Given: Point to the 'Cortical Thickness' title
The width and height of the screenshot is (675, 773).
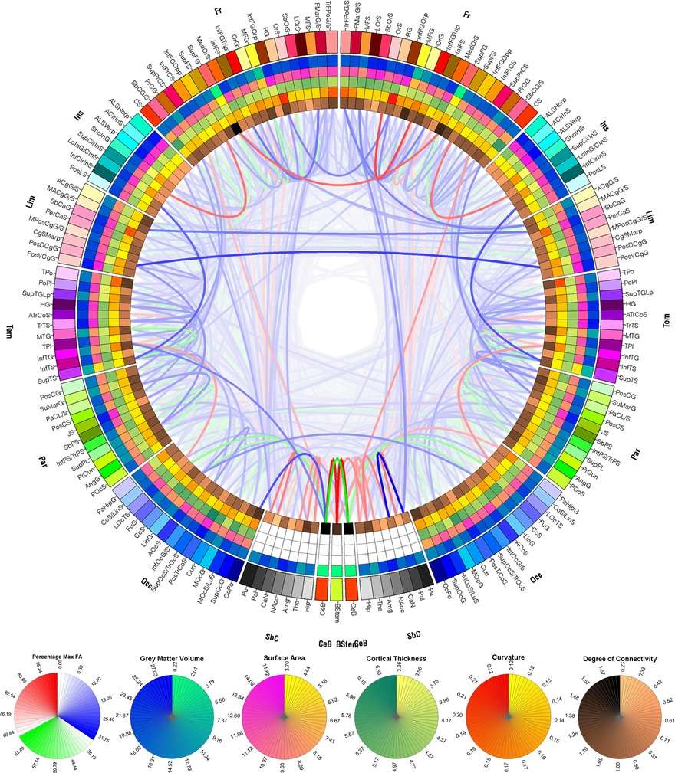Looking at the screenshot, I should pyautogui.click(x=397, y=658).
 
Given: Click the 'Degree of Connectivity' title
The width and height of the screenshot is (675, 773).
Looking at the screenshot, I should pyautogui.click(x=621, y=658).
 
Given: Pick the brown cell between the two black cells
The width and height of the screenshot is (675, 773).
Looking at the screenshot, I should pyautogui.click(x=337, y=528).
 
